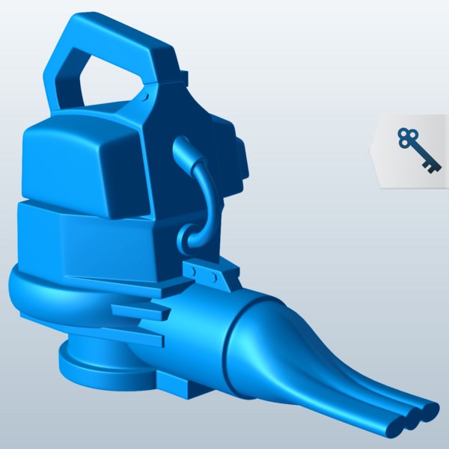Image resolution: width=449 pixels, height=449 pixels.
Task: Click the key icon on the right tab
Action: (x=416, y=150)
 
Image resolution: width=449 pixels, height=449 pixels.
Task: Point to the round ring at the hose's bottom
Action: (x=188, y=240)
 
